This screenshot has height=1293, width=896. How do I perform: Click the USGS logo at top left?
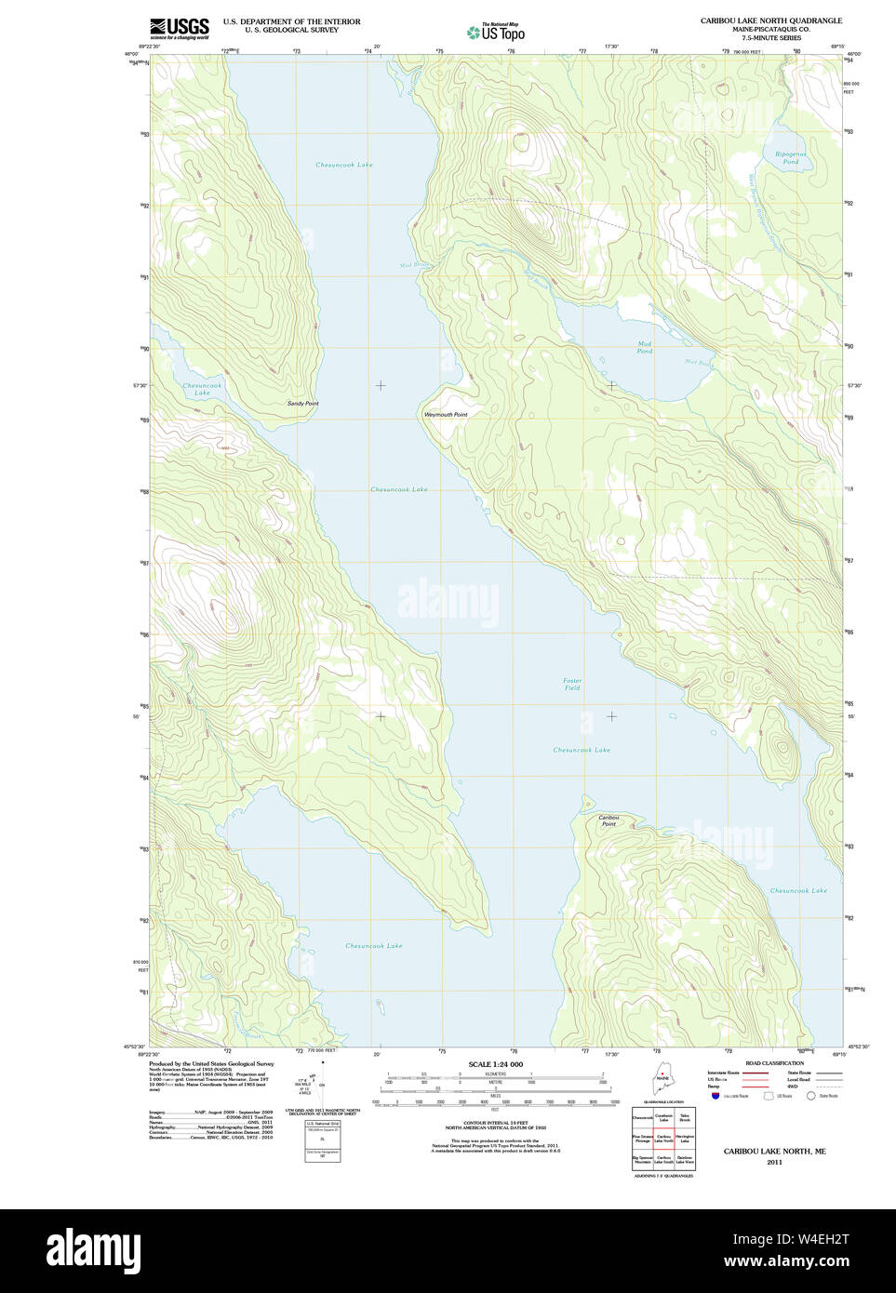click(179, 28)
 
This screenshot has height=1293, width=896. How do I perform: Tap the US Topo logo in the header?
click(496, 32)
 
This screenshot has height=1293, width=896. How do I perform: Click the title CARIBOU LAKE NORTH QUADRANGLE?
click(770, 20)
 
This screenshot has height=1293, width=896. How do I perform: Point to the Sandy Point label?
click(302, 404)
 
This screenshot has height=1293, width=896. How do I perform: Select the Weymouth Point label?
click(446, 414)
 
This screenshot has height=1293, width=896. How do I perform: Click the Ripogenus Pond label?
click(790, 157)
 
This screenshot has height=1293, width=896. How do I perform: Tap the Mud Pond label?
click(645, 347)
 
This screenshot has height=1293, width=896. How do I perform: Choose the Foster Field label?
click(571, 684)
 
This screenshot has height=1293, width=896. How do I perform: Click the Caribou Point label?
click(608, 820)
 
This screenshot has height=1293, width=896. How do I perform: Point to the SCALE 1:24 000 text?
click(495, 1064)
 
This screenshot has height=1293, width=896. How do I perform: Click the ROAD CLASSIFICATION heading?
click(774, 1063)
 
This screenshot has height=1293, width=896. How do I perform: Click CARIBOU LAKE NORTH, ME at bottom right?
click(774, 1151)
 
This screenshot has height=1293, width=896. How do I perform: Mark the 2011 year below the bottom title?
click(774, 1162)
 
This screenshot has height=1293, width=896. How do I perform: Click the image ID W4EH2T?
click(816, 1239)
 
